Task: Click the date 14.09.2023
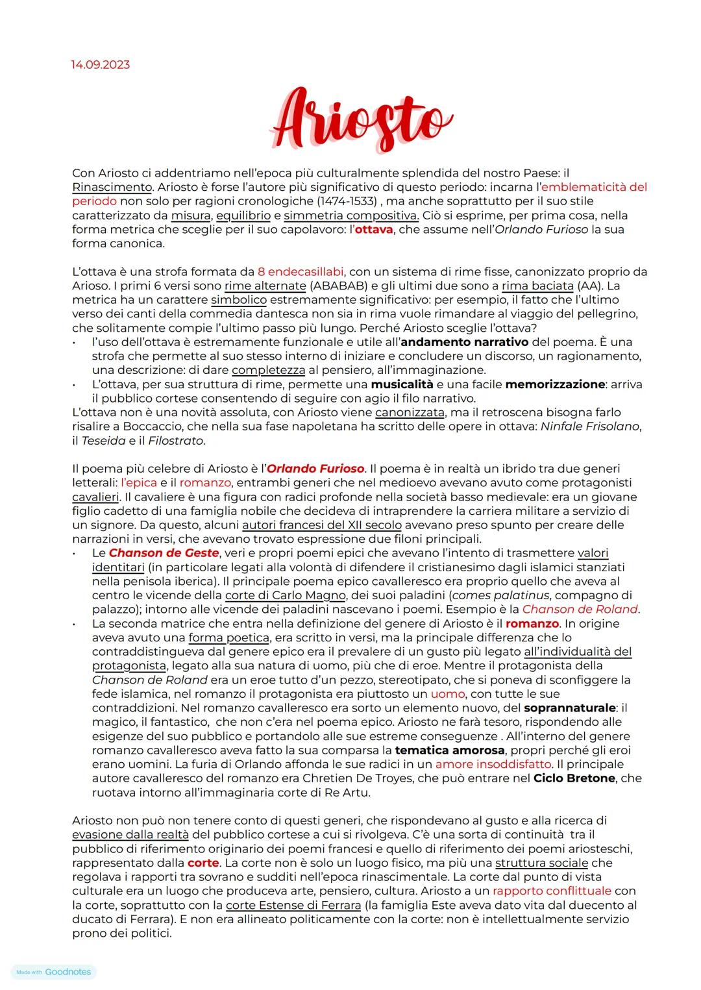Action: (100, 64)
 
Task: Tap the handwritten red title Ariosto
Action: (362, 121)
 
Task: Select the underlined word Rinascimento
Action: (112, 187)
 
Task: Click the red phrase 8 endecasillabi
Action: (301, 271)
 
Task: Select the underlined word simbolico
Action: (238, 300)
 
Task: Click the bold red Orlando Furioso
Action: (315, 468)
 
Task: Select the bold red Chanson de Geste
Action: (164, 553)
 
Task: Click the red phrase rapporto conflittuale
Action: (552, 891)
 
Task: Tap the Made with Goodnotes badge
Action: (54, 972)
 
